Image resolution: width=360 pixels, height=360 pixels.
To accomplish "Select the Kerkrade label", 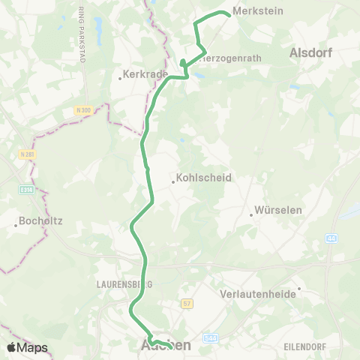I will pos(139,76).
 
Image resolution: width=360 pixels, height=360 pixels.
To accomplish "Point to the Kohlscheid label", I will pos(205,179).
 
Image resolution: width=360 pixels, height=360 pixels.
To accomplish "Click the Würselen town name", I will pos(278,211).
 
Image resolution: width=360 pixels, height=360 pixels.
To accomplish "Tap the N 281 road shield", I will pos(27,154).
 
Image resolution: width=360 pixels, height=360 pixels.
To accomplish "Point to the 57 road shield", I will pos(187,303).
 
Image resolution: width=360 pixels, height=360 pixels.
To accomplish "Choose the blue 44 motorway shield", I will pos(331,238).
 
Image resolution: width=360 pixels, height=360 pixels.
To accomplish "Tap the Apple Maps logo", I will pos(26,347).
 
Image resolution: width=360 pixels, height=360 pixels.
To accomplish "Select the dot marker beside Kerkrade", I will pos(119,76).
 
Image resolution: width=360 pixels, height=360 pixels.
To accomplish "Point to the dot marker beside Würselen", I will pos(251,214).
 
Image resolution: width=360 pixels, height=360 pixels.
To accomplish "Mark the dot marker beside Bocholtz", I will pos(16,223).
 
